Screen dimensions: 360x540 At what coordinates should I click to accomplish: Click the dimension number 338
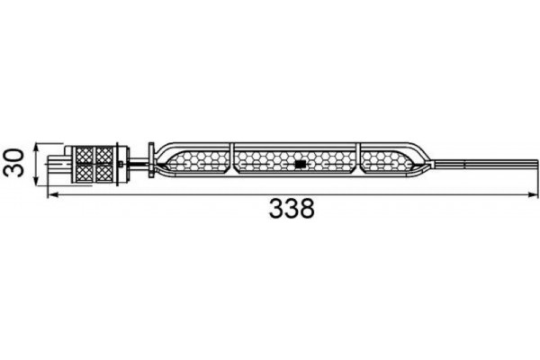point(292,210)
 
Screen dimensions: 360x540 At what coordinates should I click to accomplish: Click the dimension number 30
point(13,164)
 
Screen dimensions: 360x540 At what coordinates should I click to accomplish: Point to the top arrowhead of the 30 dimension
point(36,146)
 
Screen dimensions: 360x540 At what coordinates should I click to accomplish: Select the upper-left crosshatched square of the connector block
point(85,154)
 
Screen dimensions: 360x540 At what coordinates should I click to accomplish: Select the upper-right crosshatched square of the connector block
point(104,154)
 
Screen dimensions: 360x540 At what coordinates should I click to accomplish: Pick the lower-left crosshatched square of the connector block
point(85,173)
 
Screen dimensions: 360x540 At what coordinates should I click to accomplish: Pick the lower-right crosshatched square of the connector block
point(104,173)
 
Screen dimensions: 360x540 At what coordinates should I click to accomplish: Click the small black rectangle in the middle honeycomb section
point(300,165)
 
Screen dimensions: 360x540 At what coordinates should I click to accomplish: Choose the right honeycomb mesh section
point(385,162)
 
